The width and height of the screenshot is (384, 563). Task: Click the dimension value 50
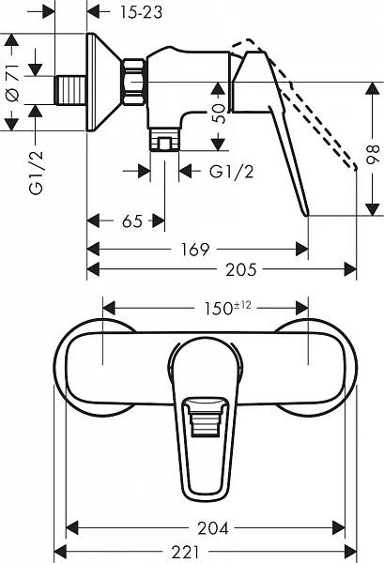point(217,114)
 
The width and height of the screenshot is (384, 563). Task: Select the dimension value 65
point(131,221)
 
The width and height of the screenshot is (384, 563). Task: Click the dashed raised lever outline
point(310,103)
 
